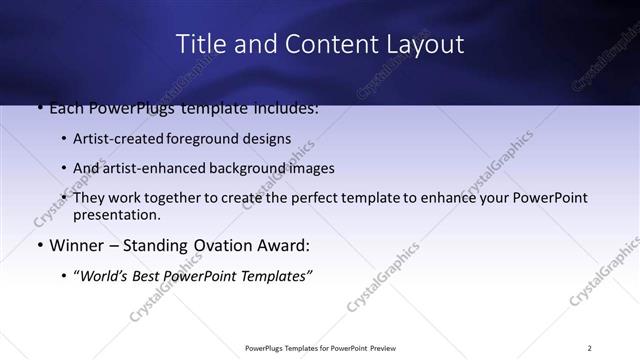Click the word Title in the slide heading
point(199,44)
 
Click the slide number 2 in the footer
point(590,347)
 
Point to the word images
point(309,168)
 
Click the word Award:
point(282,245)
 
